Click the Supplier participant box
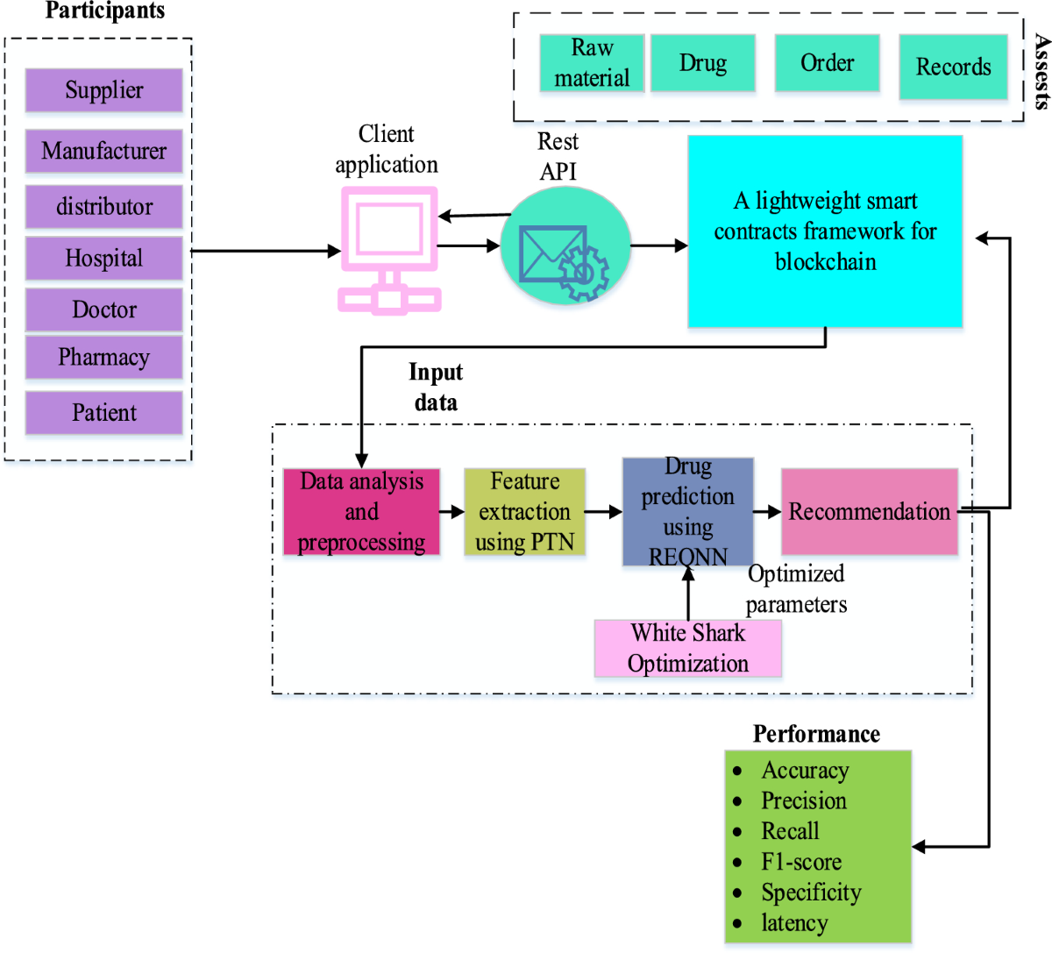[103, 90]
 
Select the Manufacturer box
[103, 151]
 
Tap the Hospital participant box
[103, 258]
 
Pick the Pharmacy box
[103, 357]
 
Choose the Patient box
[103, 413]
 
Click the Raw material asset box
[592, 63]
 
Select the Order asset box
[827, 63]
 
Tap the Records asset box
[953, 67]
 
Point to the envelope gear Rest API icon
[565, 257]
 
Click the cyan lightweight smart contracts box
[825, 231]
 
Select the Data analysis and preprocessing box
[361, 512]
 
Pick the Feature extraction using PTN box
[524, 512]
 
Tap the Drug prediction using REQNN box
[687, 511]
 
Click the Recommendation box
[869, 512]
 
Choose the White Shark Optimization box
[687, 649]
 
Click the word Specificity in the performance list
[811, 893]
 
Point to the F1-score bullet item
[800, 862]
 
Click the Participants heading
[104, 11]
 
